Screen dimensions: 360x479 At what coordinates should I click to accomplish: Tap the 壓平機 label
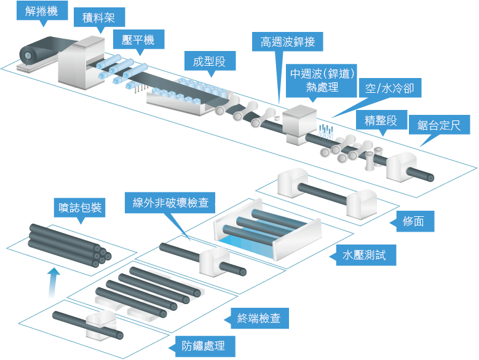pyautogui.click(x=138, y=41)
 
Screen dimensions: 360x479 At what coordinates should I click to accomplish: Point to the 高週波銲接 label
pyautogui.click(x=287, y=42)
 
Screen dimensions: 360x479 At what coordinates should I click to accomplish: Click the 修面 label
pyautogui.click(x=414, y=221)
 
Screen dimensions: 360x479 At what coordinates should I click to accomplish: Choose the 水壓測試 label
pyautogui.click(x=364, y=254)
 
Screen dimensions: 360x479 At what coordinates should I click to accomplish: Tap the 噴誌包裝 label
pyautogui.click(x=78, y=206)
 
